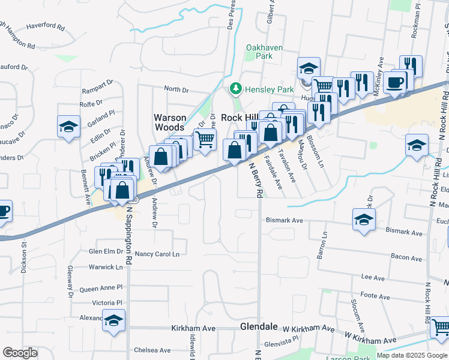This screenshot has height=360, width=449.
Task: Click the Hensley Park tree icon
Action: [236, 89]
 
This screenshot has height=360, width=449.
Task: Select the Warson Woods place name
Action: [170, 122]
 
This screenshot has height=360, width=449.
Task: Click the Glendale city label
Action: [259, 327]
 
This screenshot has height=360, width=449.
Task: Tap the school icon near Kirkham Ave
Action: [113, 320]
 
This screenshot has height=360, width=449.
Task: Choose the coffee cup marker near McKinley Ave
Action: [395, 82]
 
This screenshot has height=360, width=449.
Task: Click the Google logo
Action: [20, 353]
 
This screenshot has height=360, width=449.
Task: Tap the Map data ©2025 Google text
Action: [411, 355]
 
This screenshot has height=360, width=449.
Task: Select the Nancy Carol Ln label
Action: [157, 254]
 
